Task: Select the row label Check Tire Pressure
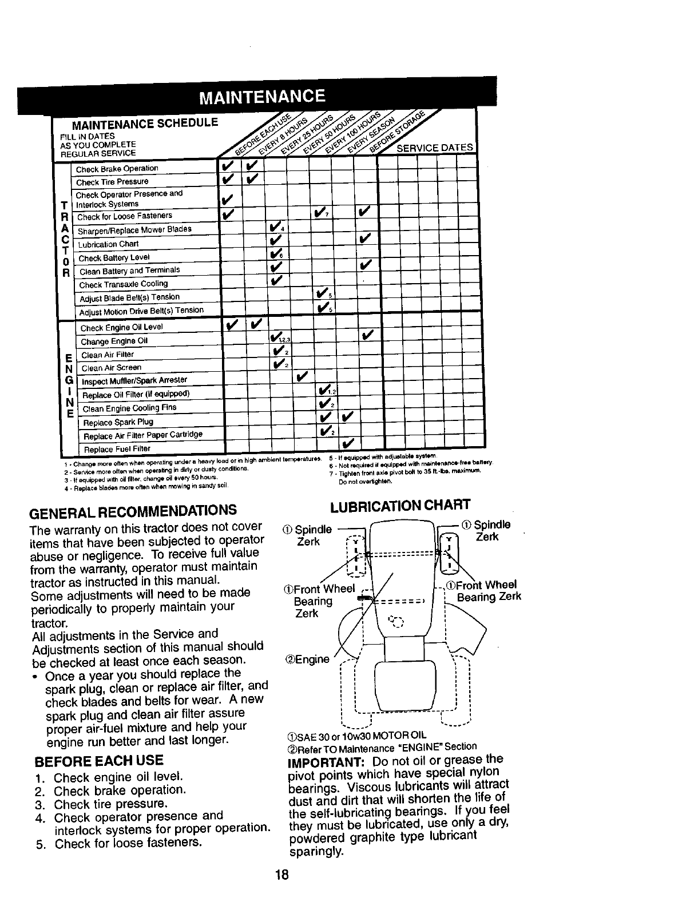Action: click(x=112, y=182)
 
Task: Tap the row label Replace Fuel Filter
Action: click(x=117, y=449)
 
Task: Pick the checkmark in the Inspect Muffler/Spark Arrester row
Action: click(x=302, y=376)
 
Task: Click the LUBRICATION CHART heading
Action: click(x=400, y=504)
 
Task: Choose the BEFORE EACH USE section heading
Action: click(x=99, y=760)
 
